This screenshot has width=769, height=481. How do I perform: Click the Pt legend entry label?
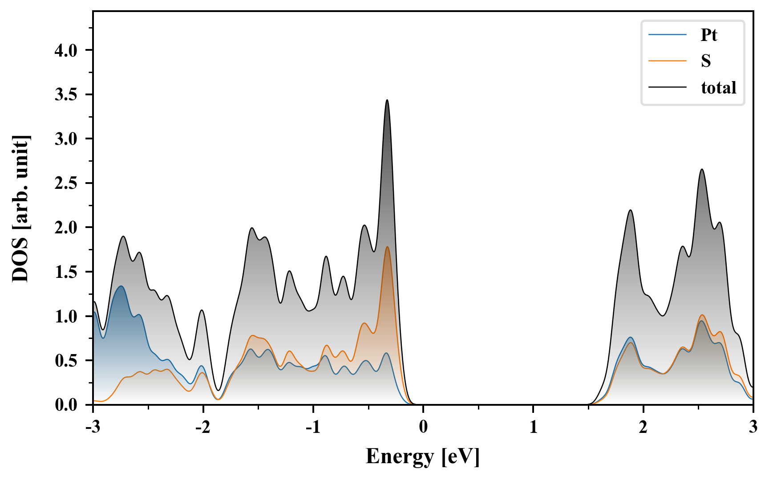pyautogui.click(x=708, y=35)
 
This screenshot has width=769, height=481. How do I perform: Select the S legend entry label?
pyautogui.click(x=706, y=61)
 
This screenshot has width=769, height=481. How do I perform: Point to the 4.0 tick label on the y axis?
pyautogui.click(x=66, y=50)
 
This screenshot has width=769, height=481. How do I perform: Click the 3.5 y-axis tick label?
pyautogui.click(x=66, y=95)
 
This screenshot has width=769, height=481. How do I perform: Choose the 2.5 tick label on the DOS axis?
pyautogui.click(x=66, y=183)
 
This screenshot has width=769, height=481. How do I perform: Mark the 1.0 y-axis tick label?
pyautogui.click(x=66, y=317)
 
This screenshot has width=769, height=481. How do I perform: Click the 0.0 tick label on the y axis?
pyautogui.click(x=66, y=405)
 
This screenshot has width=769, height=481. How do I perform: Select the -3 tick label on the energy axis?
pyautogui.click(x=93, y=427)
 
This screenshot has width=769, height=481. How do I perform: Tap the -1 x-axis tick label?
pyautogui.click(x=313, y=427)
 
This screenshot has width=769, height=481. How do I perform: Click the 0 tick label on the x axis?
pyautogui.click(x=423, y=427)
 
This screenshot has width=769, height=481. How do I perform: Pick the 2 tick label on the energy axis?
pyautogui.click(x=643, y=427)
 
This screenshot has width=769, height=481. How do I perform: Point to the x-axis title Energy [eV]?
pyautogui.click(x=423, y=457)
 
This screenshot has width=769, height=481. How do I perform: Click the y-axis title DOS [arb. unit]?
pyautogui.click(x=20, y=208)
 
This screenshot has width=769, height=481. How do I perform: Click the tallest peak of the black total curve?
pyautogui.click(x=387, y=100)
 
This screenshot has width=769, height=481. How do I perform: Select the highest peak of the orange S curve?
pyautogui.click(x=387, y=247)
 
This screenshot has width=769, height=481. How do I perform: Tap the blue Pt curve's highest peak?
pyautogui.click(x=121, y=286)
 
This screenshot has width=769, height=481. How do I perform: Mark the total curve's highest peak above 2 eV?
pyautogui.click(x=702, y=170)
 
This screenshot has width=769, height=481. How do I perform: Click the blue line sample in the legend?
pyautogui.click(x=668, y=35)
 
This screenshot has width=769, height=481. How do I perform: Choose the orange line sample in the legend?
pyautogui.click(x=668, y=61)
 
